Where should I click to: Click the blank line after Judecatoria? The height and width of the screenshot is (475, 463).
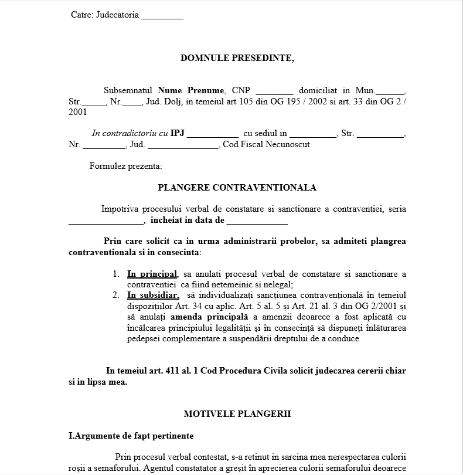click(162, 16)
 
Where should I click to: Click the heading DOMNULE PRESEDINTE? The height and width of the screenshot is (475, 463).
click(237, 58)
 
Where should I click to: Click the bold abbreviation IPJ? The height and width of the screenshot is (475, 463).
click(178, 133)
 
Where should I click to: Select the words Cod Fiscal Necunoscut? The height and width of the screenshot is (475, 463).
click(266, 144)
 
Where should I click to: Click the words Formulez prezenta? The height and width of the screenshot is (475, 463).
click(125, 166)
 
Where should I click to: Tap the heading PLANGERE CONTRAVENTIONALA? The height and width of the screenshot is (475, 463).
click(237, 188)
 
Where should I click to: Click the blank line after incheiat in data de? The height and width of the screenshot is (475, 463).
click(257, 222)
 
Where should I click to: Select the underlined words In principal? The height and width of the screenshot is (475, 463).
click(152, 274)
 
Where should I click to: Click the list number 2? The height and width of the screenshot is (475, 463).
click(116, 295)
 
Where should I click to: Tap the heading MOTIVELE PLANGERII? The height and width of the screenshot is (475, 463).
click(237, 413)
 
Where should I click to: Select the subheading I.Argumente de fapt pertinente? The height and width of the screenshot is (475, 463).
click(131, 436)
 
